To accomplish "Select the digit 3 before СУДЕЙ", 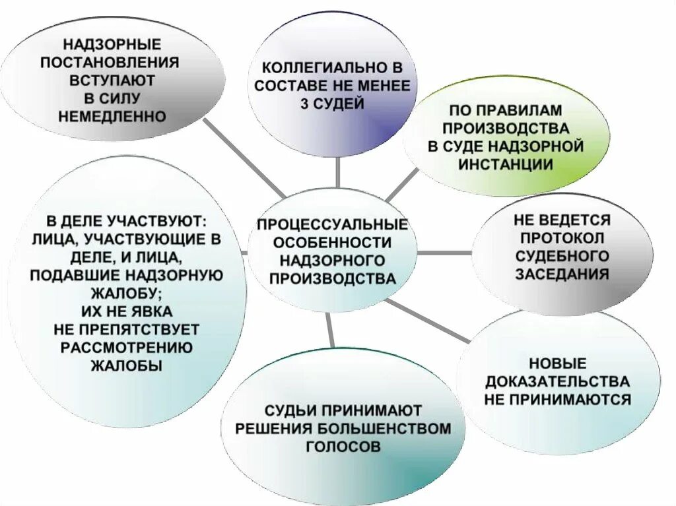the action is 305,104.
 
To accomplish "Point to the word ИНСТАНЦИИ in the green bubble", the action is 505,164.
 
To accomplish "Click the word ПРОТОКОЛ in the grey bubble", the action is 562,237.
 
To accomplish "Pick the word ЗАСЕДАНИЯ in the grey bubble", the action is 562,274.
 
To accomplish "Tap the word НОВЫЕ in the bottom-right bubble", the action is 557,363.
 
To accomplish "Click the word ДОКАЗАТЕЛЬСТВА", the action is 557,381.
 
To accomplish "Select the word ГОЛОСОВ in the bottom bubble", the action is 343,447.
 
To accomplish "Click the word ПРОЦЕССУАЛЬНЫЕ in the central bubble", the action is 332,224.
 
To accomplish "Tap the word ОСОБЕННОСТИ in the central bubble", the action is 332,242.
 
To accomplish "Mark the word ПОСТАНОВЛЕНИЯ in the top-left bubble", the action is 110,63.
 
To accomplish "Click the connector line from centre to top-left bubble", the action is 244,158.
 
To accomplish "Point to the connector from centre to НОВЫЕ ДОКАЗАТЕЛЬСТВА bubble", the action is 429,321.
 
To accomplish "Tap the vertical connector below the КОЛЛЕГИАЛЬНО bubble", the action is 337,173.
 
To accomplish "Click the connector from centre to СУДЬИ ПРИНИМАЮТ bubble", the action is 331,330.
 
